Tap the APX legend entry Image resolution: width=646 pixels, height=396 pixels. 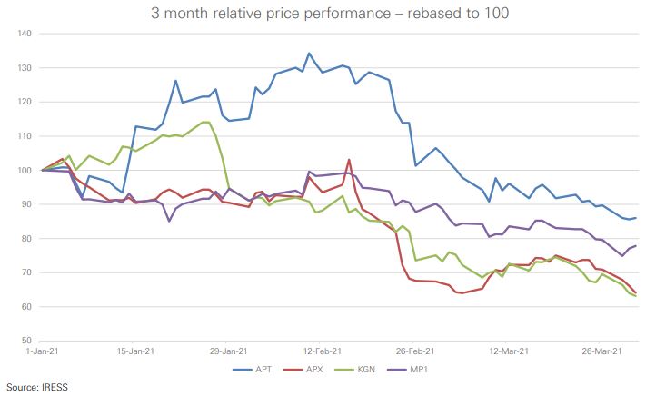[x=311, y=370]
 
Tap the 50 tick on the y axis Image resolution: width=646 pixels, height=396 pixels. [x=25, y=341]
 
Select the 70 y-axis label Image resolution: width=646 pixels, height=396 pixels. [x=25, y=272]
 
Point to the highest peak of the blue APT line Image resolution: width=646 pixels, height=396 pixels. [x=309, y=53]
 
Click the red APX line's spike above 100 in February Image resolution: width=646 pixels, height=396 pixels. [x=349, y=160]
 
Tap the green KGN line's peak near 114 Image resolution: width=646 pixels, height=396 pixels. [x=206, y=122]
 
